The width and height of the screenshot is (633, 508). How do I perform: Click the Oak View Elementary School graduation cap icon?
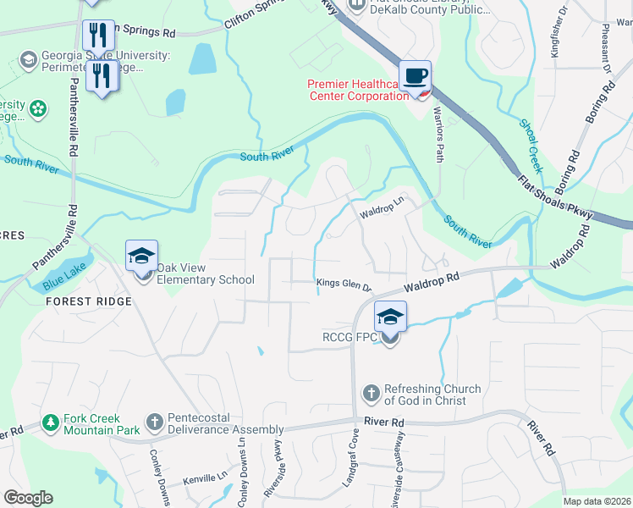coord(141,255)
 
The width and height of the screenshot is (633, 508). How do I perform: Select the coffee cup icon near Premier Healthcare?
coord(415,76)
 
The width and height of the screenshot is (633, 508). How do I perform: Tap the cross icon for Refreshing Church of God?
coord(370,393)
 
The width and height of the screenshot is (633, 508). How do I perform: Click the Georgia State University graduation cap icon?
coord(28,59)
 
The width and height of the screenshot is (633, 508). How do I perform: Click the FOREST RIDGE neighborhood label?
coord(89,301)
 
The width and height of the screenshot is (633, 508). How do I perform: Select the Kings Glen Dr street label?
coord(344,284)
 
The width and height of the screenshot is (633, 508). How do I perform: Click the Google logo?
coord(28,498)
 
